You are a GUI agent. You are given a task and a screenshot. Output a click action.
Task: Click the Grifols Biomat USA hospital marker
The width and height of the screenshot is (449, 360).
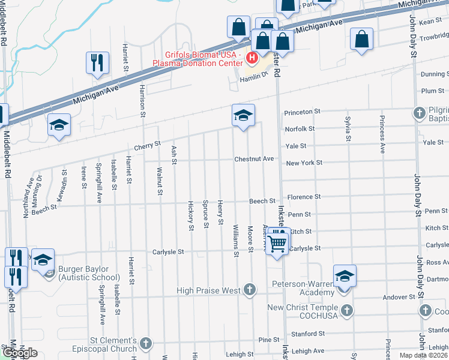(x=252, y=58)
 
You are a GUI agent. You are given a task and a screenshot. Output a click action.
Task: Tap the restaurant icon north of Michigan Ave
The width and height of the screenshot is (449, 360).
(x=97, y=63)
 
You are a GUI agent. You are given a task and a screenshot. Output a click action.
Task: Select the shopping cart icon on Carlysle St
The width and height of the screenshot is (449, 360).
(x=277, y=243)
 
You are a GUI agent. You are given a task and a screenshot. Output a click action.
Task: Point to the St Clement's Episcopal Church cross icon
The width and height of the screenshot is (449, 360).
(x=145, y=344)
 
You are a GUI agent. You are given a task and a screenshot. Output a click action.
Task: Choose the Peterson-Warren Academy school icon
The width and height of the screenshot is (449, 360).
(x=345, y=277)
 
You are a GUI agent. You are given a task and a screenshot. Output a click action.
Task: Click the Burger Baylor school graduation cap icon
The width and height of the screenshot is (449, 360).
(x=43, y=260)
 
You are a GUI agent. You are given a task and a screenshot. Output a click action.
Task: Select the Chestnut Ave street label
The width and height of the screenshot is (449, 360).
(x=254, y=159)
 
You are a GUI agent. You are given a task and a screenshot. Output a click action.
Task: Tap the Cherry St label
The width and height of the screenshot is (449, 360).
(x=148, y=145)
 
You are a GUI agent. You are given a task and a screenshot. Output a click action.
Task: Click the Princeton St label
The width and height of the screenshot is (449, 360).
(x=303, y=112)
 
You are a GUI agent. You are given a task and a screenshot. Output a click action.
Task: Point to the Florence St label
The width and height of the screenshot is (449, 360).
(x=304, y=197)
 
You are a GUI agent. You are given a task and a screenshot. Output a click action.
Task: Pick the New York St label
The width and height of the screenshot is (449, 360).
(x=304, y=163)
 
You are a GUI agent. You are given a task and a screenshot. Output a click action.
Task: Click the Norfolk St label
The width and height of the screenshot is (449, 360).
(x=300, y=129)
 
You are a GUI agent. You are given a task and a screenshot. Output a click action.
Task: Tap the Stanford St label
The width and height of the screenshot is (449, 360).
(x=307, y=334)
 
